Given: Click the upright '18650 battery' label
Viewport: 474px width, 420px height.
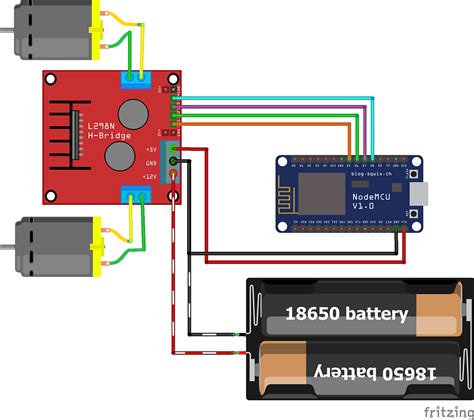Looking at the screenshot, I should pyautogui.click(x=347, y=314).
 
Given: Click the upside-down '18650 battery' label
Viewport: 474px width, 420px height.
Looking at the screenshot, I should pyautogui.click(x=361, y=372).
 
